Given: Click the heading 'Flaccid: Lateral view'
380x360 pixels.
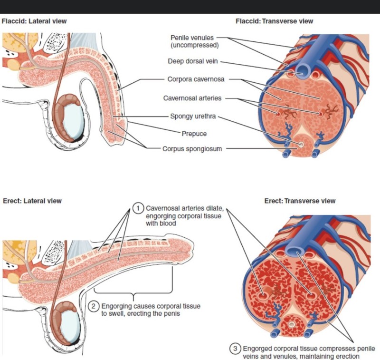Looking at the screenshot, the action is (x=34, y=21).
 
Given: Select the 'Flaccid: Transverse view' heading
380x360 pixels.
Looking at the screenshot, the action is (x=275, y=21).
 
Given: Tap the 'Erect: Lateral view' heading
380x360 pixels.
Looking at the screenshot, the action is (x=32, y=201).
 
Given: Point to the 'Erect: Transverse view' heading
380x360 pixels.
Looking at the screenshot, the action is (x=300, y=201).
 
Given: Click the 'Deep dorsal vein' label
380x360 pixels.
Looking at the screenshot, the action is (x=193, y=61).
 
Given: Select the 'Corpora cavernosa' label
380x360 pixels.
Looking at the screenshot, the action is (x=196, y=79).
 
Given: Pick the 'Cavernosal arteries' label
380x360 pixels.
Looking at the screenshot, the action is (x=192, y=98).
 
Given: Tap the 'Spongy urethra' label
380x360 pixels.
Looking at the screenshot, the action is (x=193, y=116).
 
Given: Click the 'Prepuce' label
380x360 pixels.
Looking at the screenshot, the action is (x=194, y=134).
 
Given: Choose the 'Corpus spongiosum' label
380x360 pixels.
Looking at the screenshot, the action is (x=192, y=149).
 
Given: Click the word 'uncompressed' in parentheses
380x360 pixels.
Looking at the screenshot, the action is (x=195, y=45).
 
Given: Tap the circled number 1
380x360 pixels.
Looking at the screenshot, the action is (x=138, y=208).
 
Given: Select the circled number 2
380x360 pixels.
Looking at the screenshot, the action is (x=94, y=306).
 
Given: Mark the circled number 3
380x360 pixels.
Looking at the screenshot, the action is (x=235, y=349).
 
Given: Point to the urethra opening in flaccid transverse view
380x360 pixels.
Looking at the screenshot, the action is (x=301, y=145).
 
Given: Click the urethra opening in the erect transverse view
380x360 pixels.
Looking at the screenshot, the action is (x=292, y=324).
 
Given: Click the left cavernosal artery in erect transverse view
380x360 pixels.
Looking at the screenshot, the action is (x=263, y=296).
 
